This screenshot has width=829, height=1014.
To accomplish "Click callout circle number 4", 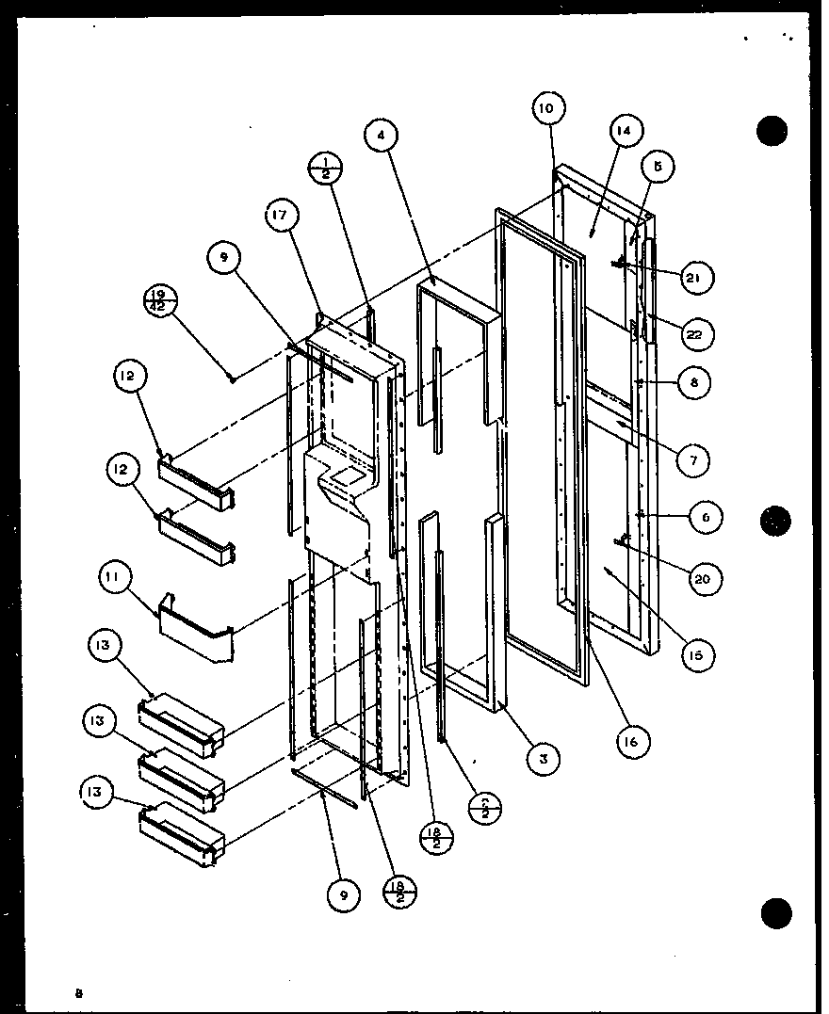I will point(381,136).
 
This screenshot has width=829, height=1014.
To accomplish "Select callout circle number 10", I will point(546,108).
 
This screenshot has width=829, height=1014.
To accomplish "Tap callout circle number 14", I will point(626,130).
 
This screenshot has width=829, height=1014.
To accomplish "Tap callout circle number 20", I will point(700,579).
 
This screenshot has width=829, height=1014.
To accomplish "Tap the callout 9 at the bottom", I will point(343,895).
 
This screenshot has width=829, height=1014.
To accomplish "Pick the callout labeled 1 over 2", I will point(326,169).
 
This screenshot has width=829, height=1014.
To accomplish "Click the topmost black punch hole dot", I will point(772,130).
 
